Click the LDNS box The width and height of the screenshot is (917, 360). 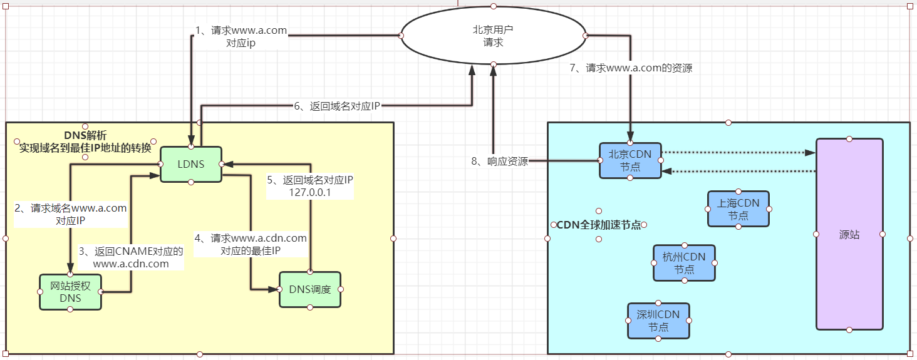191,164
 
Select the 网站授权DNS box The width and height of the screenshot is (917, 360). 70,292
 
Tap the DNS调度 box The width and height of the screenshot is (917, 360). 310,289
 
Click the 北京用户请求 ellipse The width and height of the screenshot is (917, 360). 493,36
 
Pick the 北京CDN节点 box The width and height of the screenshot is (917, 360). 630,160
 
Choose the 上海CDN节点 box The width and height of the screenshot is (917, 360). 738,209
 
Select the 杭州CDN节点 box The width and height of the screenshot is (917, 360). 684,263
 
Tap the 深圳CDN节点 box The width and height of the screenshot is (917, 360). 658,321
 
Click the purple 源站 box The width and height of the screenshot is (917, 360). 849,235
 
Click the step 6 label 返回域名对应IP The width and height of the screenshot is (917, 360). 338,106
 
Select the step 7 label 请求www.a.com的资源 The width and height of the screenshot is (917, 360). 631,68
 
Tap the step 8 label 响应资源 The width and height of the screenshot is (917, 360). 499,162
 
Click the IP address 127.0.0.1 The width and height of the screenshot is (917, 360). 310,193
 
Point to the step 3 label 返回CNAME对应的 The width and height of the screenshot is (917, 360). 131,251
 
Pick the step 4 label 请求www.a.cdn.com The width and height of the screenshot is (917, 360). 251,238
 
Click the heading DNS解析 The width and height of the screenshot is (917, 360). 86,135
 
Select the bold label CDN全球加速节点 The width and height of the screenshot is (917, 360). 599,225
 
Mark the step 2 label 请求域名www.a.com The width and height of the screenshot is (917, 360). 71,208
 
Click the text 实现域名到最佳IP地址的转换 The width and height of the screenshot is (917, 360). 85,148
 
